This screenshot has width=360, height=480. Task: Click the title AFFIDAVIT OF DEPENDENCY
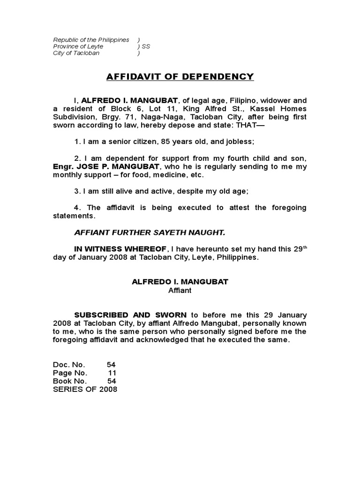tap(180, 77)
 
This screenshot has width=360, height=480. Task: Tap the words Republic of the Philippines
tap(91, 40)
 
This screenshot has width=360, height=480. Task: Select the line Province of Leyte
tap(78, 47)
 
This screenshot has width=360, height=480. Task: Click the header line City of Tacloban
tap(76, 53)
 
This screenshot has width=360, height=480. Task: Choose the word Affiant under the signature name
tap(180, 290)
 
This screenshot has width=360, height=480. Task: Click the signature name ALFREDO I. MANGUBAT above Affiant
tap(180, 282)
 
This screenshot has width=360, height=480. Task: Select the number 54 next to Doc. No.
tap(111, 364)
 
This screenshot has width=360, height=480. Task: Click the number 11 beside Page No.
tap(112, 373)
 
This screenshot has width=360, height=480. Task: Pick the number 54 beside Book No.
tap(111, 381)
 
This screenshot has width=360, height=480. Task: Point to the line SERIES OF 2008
tap(85, 390)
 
